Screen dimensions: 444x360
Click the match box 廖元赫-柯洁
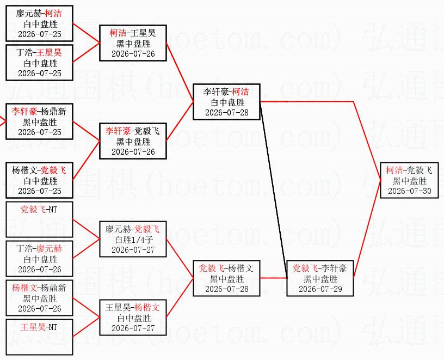pos(39,23)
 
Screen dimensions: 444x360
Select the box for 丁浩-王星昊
pos(39,63)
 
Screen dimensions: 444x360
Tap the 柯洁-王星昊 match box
pos(133,43)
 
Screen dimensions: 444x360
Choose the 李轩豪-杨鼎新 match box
pos(39,121)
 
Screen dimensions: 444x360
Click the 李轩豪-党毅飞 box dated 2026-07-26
pos(133,141)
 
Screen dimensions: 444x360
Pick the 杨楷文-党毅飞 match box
pos(39,180)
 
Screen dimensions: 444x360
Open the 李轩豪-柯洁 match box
pos(226,102)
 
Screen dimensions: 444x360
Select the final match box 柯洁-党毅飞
pos(409,180)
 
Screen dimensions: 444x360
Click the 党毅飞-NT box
pos(39,219)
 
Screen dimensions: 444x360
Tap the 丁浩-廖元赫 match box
pos(39,259)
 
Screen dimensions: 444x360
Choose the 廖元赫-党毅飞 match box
pos(133,239)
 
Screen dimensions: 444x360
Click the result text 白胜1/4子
pos(134,240)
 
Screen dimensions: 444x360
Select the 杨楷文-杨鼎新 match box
pos(39,297)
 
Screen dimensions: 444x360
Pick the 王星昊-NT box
pos(39,337)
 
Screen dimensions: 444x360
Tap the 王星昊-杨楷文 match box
pos(133,318)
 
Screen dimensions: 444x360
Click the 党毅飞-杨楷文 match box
pos(226,278)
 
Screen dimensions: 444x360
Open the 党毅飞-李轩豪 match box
pos(320,278)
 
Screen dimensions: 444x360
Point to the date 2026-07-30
pos(410,191)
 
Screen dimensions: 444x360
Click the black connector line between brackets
pos(274,190)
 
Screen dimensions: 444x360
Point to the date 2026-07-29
pos(320,289)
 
